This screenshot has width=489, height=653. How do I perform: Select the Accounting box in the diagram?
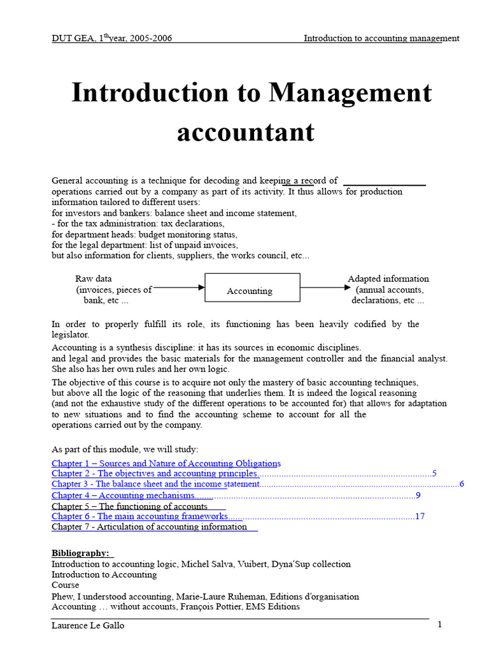[x=252, y=288]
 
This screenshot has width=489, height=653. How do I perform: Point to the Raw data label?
[x=94, y=279]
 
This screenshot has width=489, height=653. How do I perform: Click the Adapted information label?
[x=388, y=279]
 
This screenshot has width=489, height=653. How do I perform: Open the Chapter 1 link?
[x=166, y=463]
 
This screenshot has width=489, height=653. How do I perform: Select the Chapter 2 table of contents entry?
[x=155, y=474]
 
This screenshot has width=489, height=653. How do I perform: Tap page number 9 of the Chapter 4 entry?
[x=418, y=495]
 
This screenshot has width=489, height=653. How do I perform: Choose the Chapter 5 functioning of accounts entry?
[x=129, y=506]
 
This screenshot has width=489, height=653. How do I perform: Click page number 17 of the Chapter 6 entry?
[x=420, y=517]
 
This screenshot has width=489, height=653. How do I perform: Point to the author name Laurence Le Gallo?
[x=88, y=626]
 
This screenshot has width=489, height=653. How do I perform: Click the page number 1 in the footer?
[x=439, y=624]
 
